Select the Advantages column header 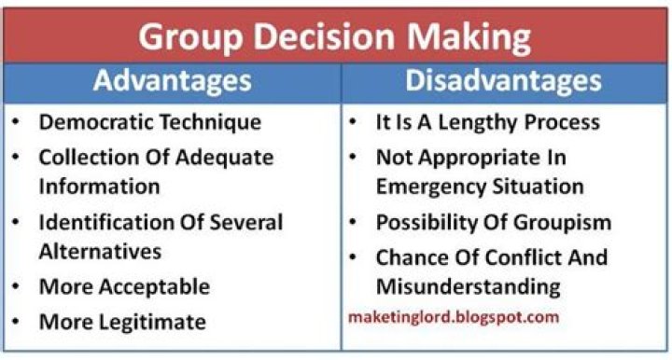click(172, 81)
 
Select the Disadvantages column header click(503, 81)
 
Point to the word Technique click(212, 122)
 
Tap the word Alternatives click(100, 251)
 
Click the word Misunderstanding click(468, 286)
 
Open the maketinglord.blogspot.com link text click(454, 317)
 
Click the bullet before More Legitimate click(18, 322)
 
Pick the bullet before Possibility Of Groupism click(356, 223)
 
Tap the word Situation click(539, 187)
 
